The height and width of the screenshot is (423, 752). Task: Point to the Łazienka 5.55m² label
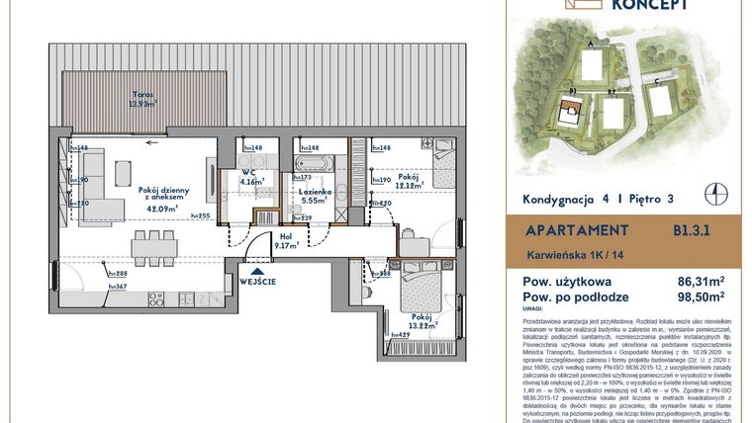(x=314, y=195)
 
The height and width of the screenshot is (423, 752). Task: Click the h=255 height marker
(x=202, y=215)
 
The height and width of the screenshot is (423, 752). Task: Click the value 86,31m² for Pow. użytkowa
(x=699, y=280)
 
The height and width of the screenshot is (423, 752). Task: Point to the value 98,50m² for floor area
(x=699, y=294)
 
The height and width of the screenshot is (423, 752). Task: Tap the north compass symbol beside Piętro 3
(x=708, y=193)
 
